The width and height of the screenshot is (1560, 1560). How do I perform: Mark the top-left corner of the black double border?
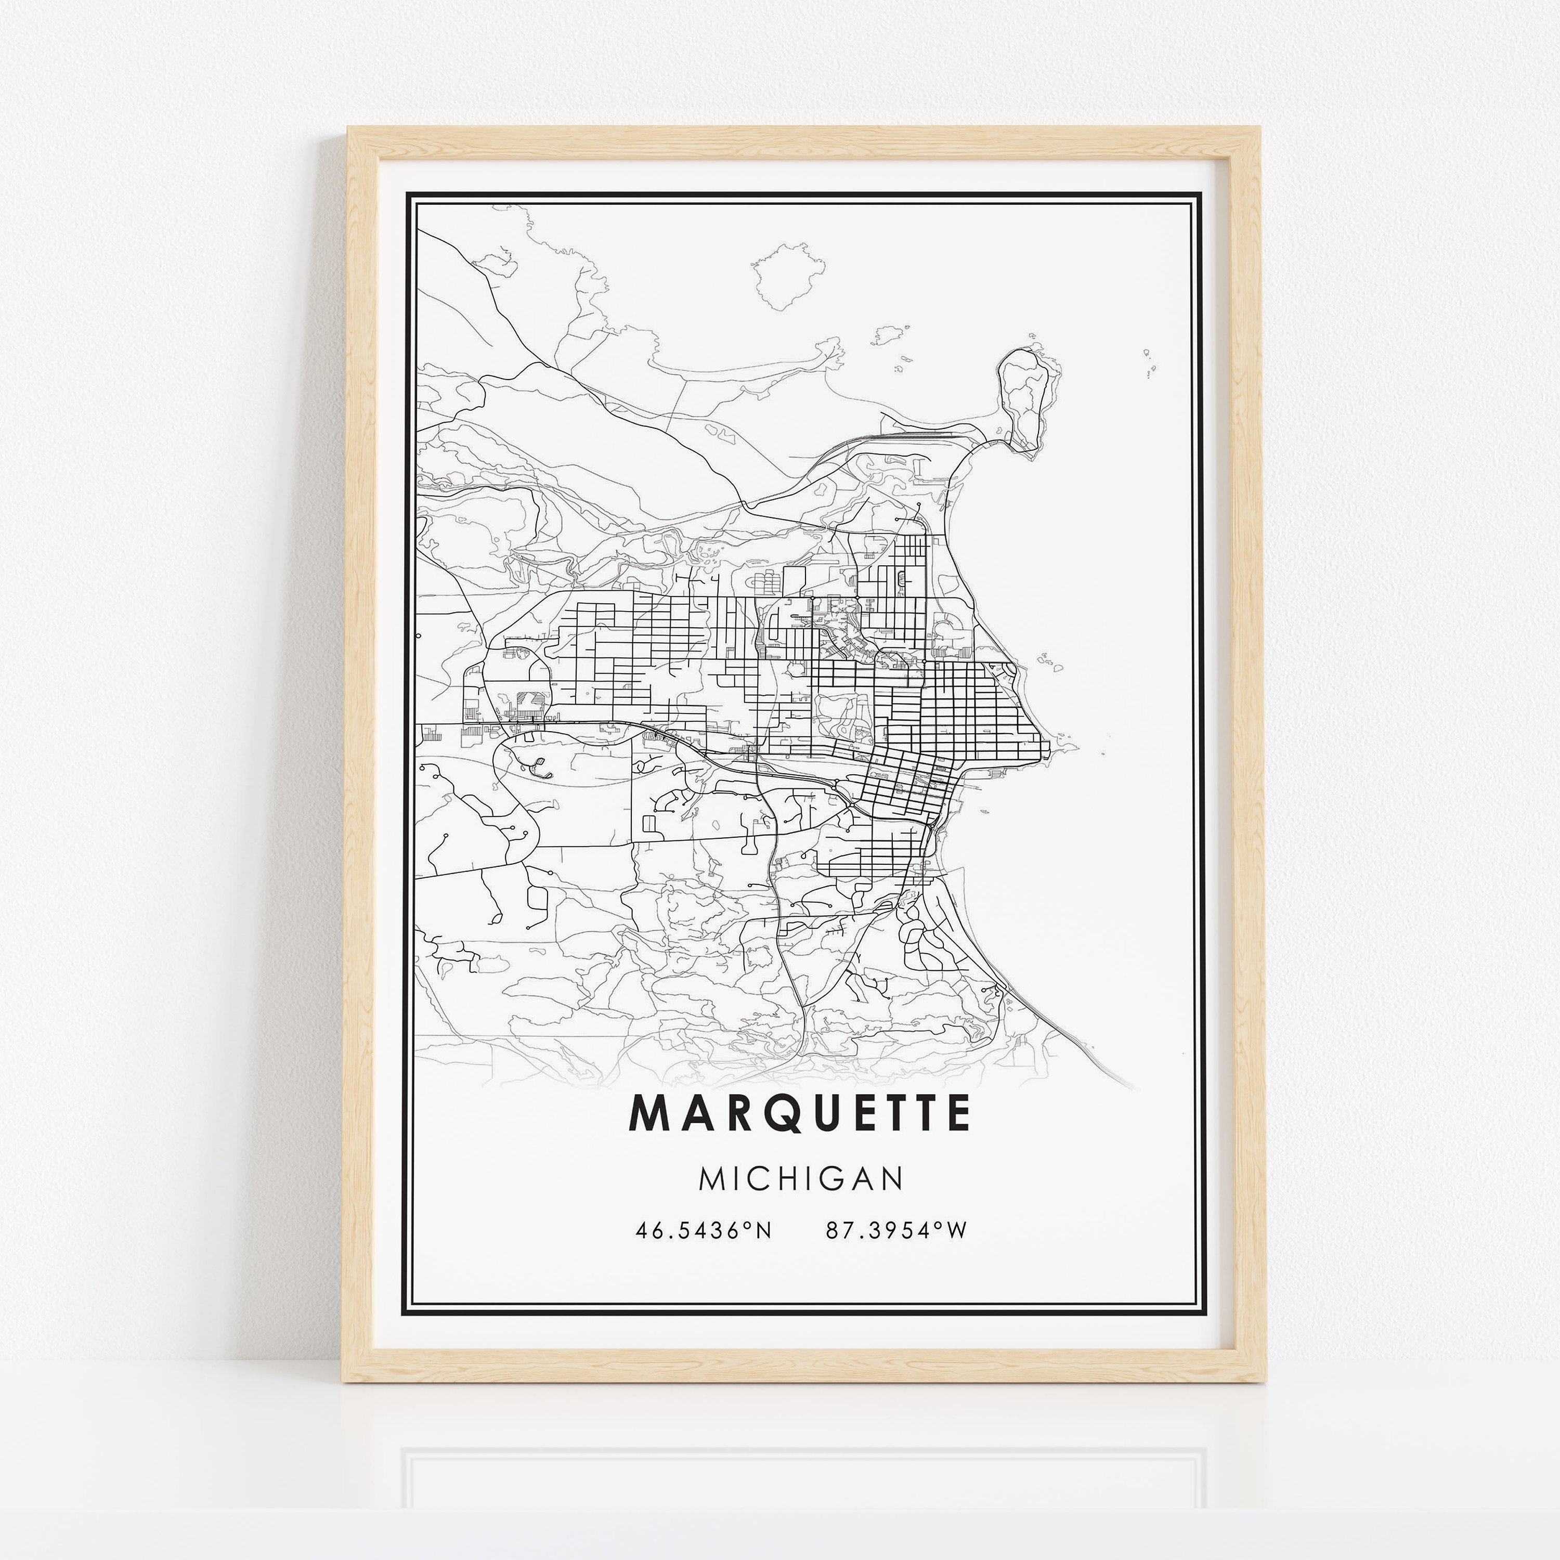408,194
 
